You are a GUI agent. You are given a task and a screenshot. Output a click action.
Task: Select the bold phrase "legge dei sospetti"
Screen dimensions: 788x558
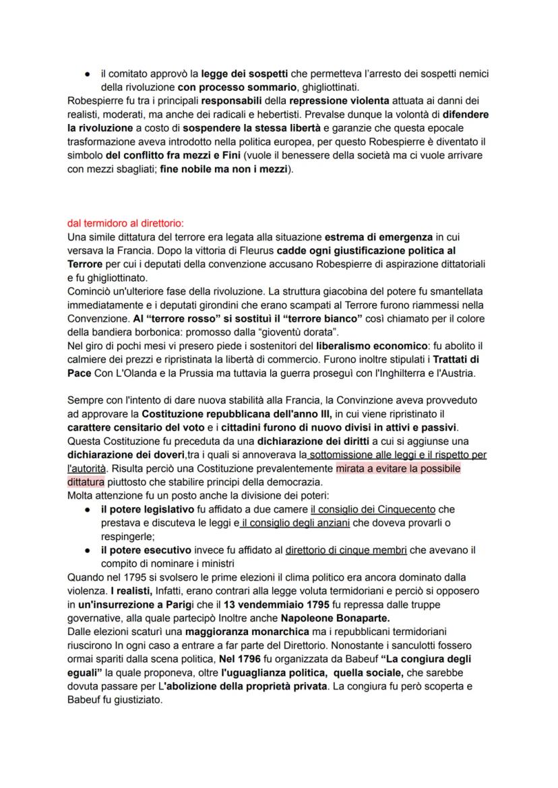(x=218, y=73)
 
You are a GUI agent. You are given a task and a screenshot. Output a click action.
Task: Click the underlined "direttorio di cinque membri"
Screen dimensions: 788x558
(x=346, y=549)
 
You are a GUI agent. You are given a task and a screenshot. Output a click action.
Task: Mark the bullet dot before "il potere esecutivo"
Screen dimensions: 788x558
(x=88, y=549)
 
